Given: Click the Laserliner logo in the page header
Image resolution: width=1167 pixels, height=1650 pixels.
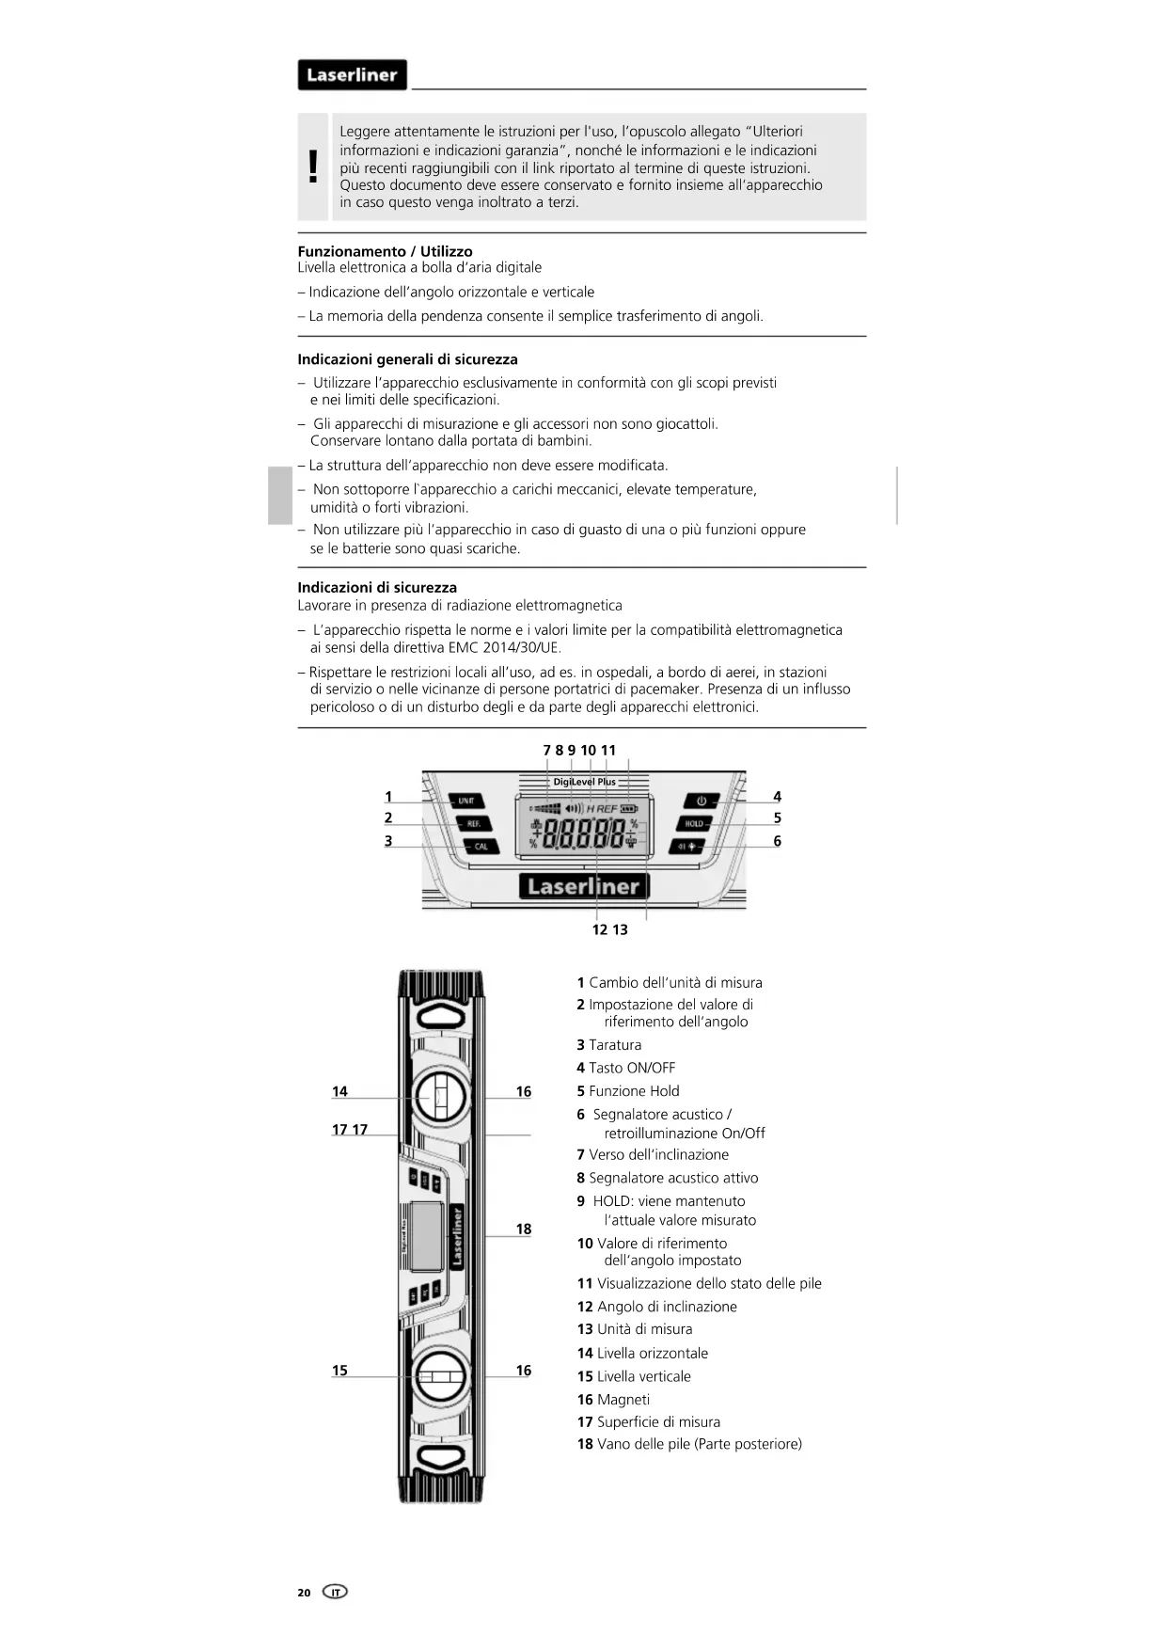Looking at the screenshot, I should point(352,75).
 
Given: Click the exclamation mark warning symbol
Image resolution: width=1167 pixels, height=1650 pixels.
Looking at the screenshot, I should point(313,167).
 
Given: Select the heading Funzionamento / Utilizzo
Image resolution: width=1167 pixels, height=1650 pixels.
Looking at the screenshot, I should point(385,251).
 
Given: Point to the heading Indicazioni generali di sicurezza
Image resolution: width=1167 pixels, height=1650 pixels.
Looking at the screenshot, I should point(407,359).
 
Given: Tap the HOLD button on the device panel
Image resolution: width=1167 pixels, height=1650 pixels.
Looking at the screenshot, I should point(694,823).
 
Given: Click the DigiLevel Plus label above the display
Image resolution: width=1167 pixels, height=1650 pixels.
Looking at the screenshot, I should point(584,782).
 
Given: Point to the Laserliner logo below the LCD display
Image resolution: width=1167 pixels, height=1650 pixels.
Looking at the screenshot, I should point(583,886).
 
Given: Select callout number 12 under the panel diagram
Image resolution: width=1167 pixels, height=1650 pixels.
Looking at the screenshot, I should point(600,929).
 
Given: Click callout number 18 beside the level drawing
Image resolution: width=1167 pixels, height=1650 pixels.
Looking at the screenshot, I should point(524,1229).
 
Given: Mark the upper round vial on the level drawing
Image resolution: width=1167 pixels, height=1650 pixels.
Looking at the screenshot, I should point(439,1096).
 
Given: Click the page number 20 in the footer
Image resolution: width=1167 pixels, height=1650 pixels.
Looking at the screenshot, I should point(304,1593).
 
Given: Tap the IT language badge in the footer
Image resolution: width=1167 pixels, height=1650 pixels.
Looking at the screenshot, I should point(335,1592).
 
